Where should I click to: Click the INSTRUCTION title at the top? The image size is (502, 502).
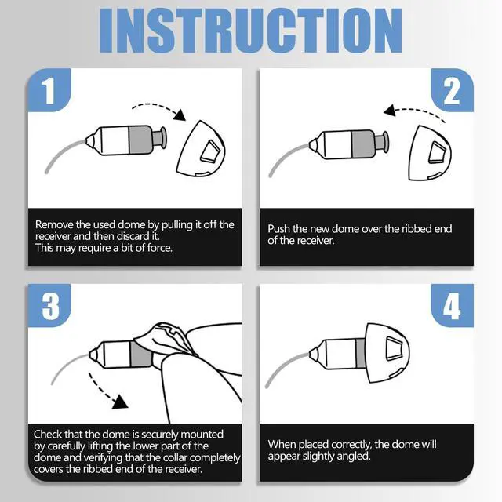point(251,31)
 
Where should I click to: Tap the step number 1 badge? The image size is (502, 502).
point(49,90)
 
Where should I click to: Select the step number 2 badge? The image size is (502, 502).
point(452,90)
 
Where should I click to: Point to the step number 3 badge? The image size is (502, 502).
point(49,305)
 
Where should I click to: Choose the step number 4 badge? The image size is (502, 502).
point(452,305)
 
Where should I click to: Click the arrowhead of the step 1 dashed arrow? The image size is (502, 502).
point(180,115)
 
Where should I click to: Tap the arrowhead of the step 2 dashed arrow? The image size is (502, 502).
point(390,111)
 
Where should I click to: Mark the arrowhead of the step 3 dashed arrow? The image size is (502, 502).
point(121,402)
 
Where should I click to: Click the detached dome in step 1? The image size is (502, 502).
point(201,148)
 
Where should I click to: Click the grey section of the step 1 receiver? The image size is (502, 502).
point(140,140)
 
